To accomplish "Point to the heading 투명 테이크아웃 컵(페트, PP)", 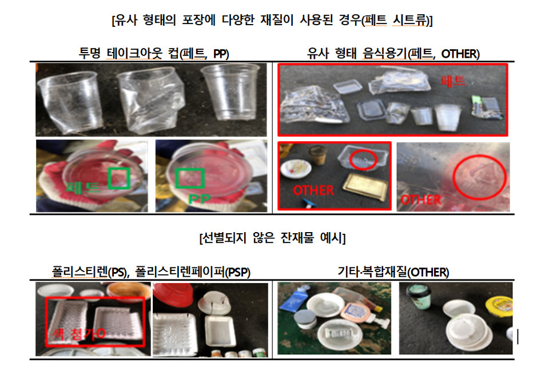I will click(x=153, y=54).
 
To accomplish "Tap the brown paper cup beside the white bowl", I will click(x=316, y=154).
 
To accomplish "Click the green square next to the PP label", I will click(x=190, y=179).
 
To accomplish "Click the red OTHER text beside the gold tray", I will click(x=313, y=189).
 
